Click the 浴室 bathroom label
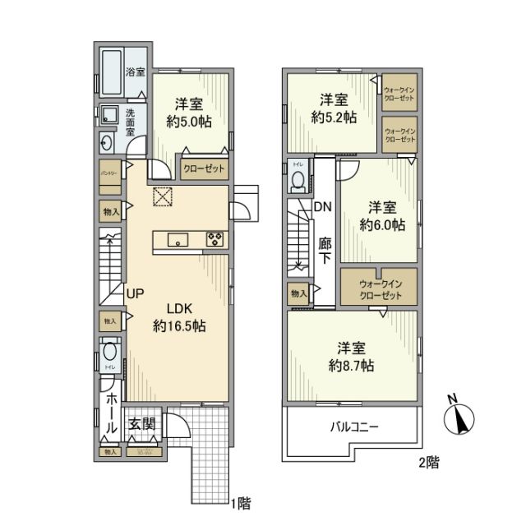(135, 73)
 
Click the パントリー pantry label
(107, 174)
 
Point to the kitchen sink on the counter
(178, 240)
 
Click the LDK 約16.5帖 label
(179, 316)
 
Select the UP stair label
(136, 292)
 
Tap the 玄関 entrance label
(141, 424)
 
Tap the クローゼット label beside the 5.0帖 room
(203, 168)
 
